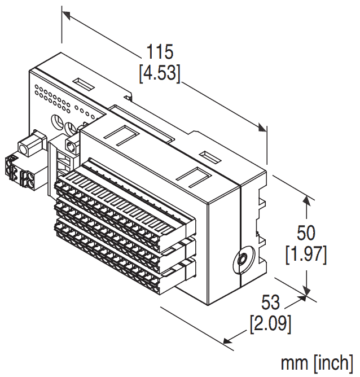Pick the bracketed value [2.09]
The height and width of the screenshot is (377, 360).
click(x=271, y=325)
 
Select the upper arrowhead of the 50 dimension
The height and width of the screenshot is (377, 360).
click(x=307, y=200)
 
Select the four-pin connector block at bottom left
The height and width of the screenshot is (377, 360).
click(x=18, y=172)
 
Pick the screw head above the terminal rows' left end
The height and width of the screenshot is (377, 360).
click(x=72, y=147)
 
